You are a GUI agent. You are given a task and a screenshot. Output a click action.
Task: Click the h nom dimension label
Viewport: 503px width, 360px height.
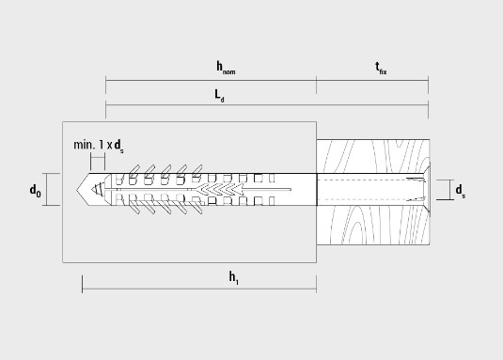coord(226,68)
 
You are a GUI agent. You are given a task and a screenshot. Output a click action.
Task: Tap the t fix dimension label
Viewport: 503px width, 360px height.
coord(381,68)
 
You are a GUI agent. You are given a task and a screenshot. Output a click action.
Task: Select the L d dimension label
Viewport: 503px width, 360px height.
coord(219,96)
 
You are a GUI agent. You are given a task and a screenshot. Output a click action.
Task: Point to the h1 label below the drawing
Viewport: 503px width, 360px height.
coord(234,277)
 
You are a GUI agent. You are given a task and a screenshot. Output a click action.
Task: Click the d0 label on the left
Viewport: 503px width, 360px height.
coord(36,190)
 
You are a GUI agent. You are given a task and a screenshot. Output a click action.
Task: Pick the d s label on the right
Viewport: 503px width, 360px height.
coord(461,191)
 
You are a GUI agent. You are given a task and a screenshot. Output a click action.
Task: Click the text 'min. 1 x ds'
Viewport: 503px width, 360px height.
coord(99,146)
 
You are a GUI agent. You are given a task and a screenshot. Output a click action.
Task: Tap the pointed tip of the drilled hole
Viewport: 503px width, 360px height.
coord(77,189)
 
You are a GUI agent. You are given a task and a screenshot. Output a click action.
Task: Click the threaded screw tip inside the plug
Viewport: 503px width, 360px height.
coord(98,189)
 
